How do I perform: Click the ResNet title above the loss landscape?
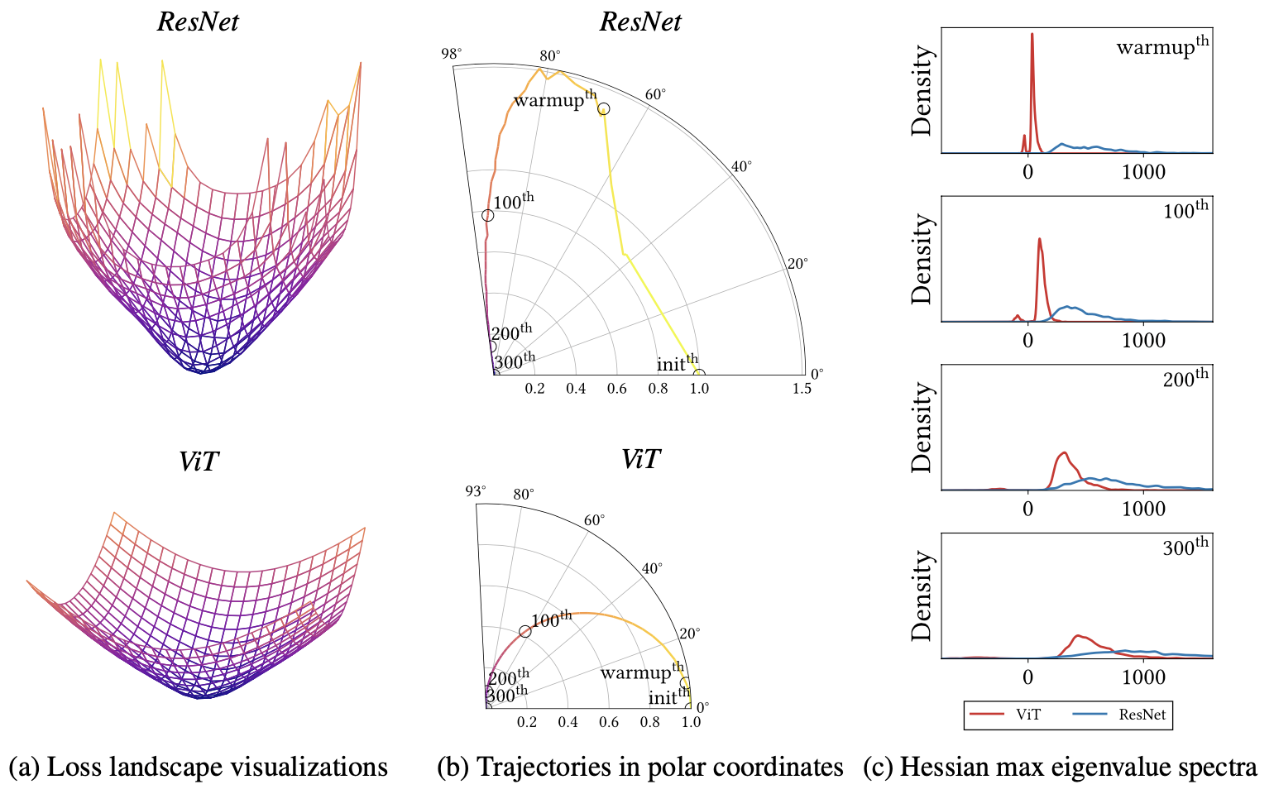pyautogui.click(x=198, y=22)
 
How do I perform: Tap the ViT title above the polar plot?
pyautogui.click(x=640, y=458)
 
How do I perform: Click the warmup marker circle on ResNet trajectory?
pyautogui.click(x=604, y=109)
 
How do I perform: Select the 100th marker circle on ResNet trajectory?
pyautogui.click(x=487, y=216)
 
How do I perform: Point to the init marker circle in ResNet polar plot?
pyautogui.click(x=699, y=374)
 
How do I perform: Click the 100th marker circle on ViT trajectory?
pyautogui.click(x=524, y=632)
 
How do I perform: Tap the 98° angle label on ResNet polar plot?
pyautogui.click(x=452, y=54)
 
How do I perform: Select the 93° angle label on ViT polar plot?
pyautogui.click(x=474, y=490)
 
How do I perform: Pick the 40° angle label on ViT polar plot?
pyautogui.click(x=652, y=568)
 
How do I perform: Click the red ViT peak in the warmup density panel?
pyautogui.click(x=1032, y=35)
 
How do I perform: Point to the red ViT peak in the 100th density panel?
pyautogui.click(x=1039, y=240)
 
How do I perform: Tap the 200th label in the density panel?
pyautogui.click(x=1185, y=379)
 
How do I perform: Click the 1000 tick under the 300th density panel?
pyautogui.click(x=1143, y=677)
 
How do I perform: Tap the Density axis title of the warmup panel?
pyautogui.click(x=922, y=91)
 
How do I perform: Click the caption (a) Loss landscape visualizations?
pyautogui.click(x=198, y=767)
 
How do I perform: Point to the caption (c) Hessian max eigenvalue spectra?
pyautogui.click(x=1060, y=767)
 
